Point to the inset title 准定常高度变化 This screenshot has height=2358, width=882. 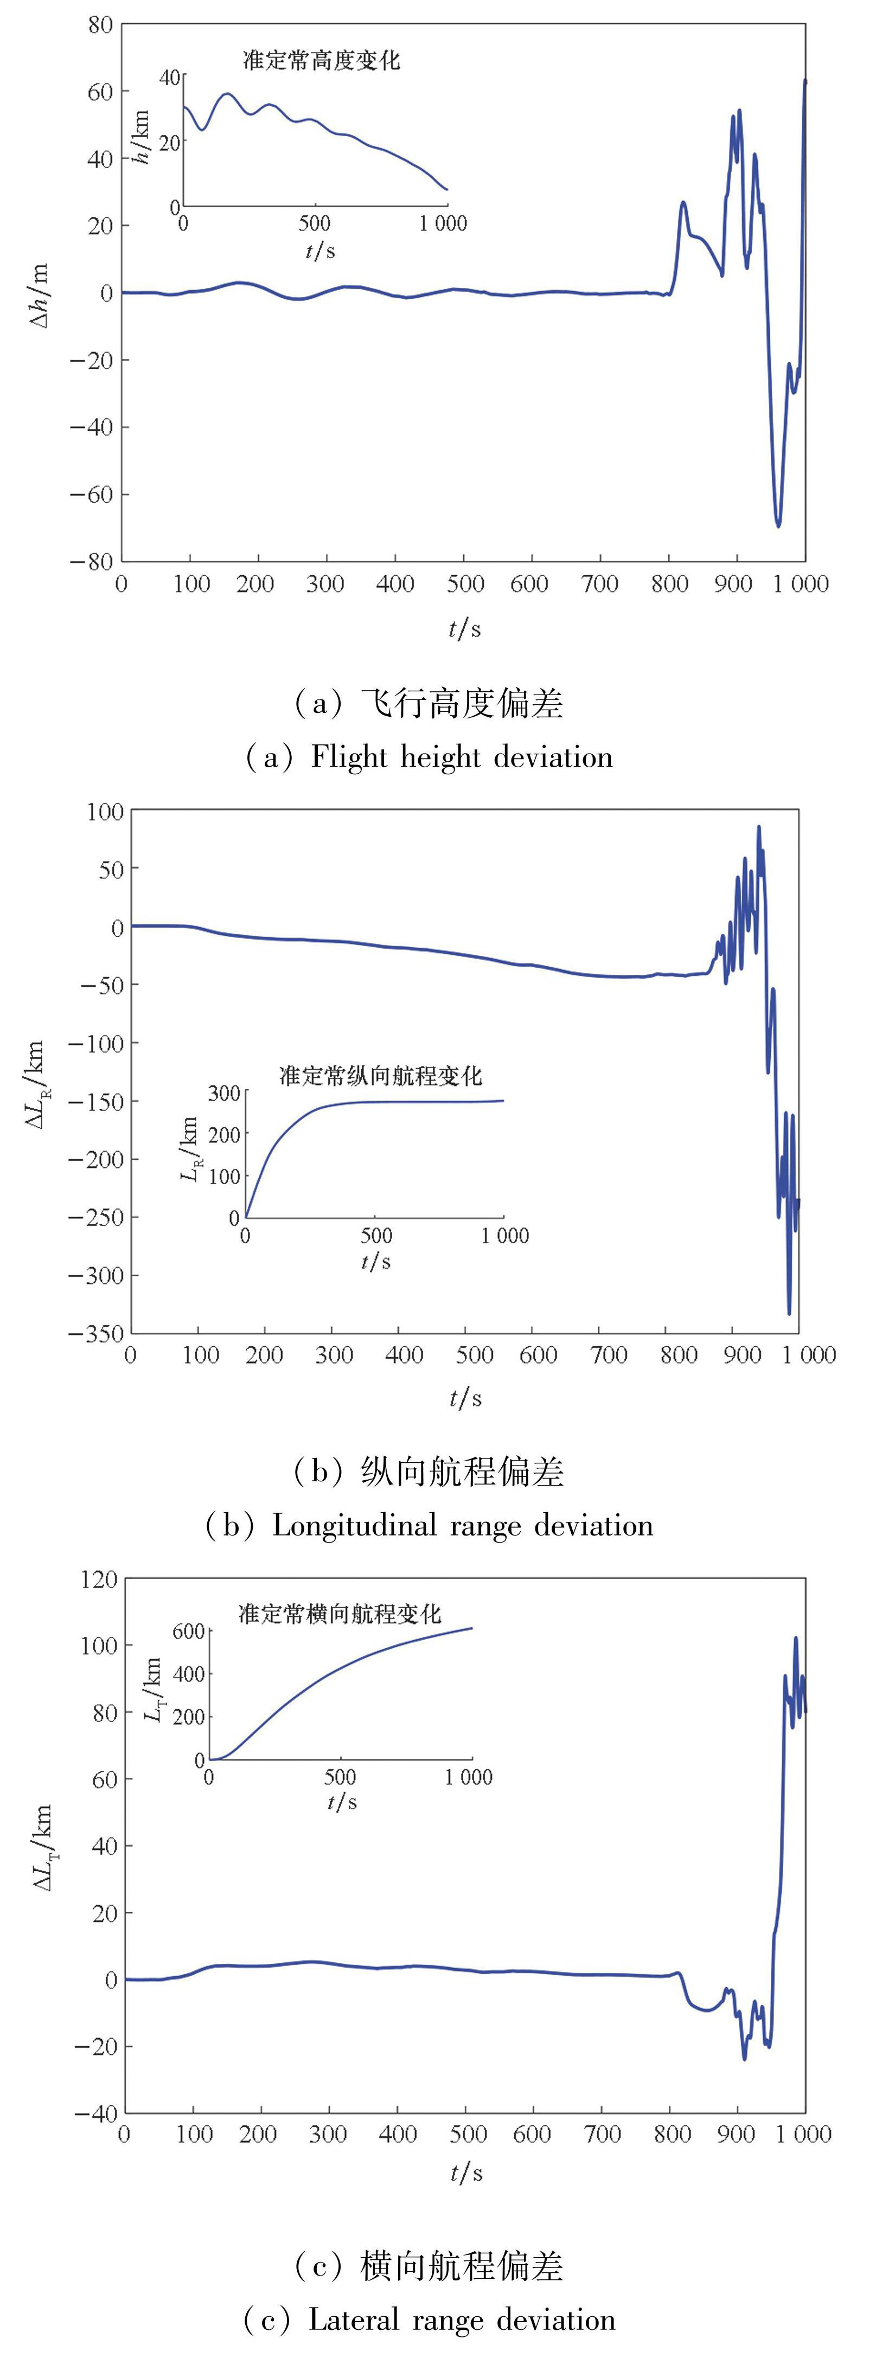(321, 60)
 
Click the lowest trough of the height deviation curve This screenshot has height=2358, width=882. (778, 525)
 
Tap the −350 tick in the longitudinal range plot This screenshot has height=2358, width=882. (96, 1333)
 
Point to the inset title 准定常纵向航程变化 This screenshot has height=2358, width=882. (380, 1076)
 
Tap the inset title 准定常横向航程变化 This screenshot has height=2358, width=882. (340, 1613)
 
